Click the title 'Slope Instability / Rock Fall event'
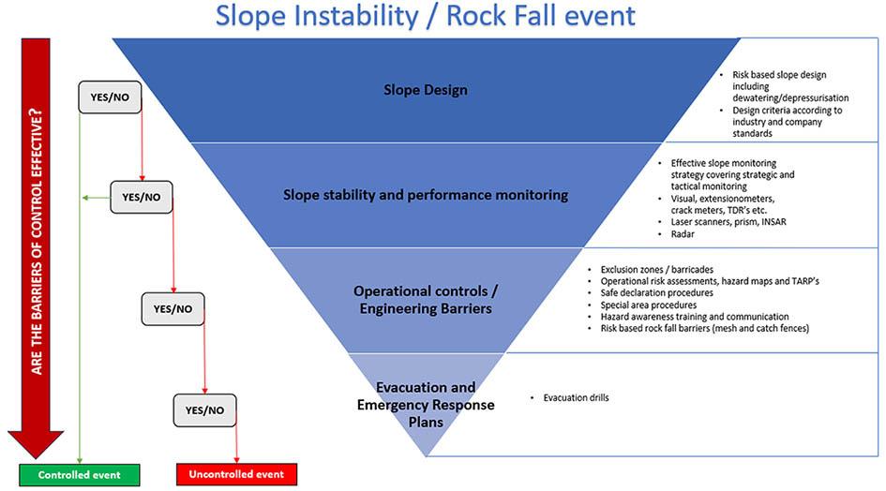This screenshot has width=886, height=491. coord(425,16)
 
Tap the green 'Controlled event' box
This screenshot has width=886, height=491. coord(80,474)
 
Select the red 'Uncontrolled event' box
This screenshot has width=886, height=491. coord(236,474)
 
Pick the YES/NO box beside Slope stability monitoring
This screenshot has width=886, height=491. coord(142,198)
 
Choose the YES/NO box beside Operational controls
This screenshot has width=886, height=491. coord(173,309)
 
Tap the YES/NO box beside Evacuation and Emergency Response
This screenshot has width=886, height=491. coord(204,410)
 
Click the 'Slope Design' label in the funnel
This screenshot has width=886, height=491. coord(425,91)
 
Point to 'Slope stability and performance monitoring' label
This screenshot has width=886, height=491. coord(426,195)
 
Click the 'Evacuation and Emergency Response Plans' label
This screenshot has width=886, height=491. coord(426,405)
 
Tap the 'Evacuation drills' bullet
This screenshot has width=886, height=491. coord(576,398)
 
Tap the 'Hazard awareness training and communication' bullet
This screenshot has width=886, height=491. coord(695,317)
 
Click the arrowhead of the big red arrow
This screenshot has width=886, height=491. coord(36,443)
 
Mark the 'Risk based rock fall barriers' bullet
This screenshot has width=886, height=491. coord(704,329)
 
